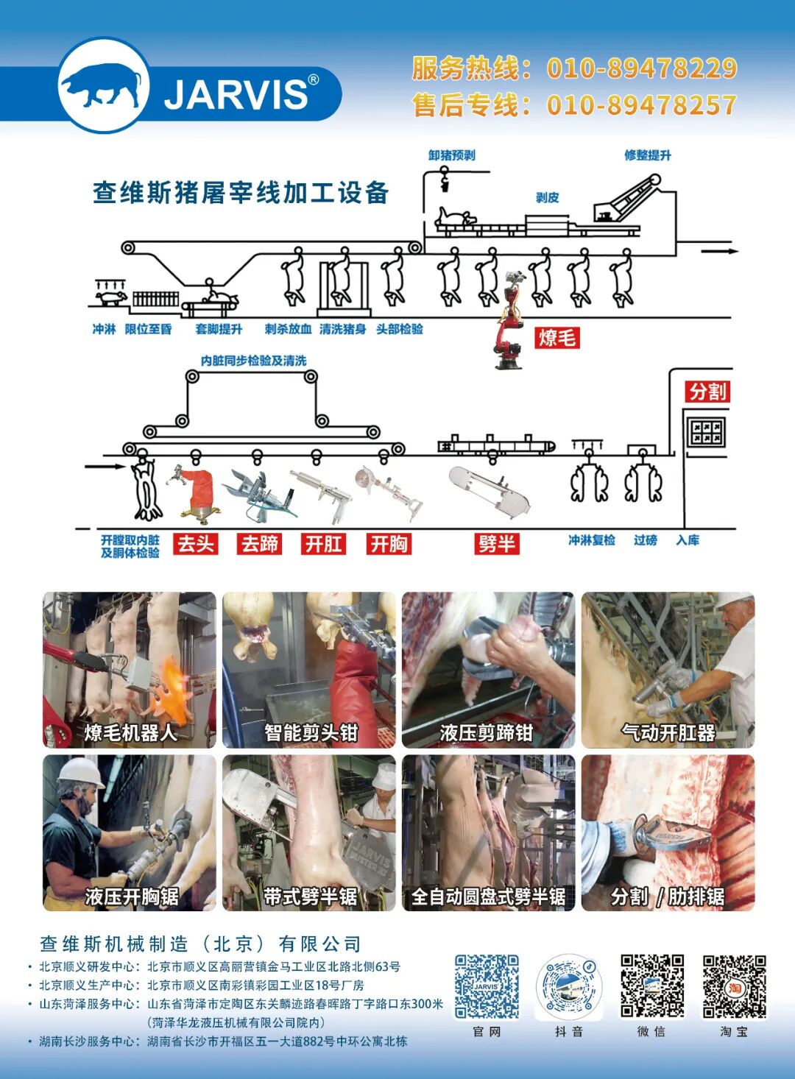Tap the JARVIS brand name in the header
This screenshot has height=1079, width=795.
(236, 94)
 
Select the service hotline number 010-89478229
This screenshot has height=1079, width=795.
(642, 68)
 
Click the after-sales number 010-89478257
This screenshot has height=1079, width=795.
(642, 105)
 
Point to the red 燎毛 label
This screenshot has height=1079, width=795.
(557, 338)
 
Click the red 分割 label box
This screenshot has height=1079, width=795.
(708, 392)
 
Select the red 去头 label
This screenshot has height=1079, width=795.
(196, 544)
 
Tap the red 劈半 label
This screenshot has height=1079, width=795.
(497, 544)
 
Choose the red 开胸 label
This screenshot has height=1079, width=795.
(389, 544)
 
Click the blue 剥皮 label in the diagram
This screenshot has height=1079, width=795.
(548, 197)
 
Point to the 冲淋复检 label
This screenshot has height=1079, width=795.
(592, 540)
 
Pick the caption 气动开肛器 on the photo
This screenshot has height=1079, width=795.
(668, 733)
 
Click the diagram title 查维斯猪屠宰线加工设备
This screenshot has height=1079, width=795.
(241, 193)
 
